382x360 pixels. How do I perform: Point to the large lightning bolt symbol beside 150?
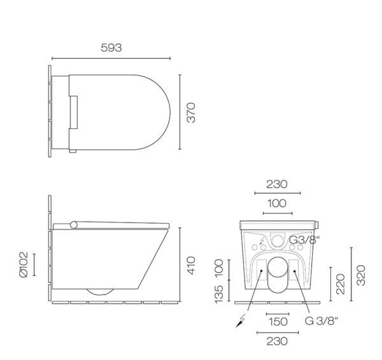pos(243,320)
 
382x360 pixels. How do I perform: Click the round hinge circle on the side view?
pos(76,224)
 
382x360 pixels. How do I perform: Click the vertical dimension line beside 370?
pos(180,112)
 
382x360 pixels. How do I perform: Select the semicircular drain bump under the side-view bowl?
pos(99,292)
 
